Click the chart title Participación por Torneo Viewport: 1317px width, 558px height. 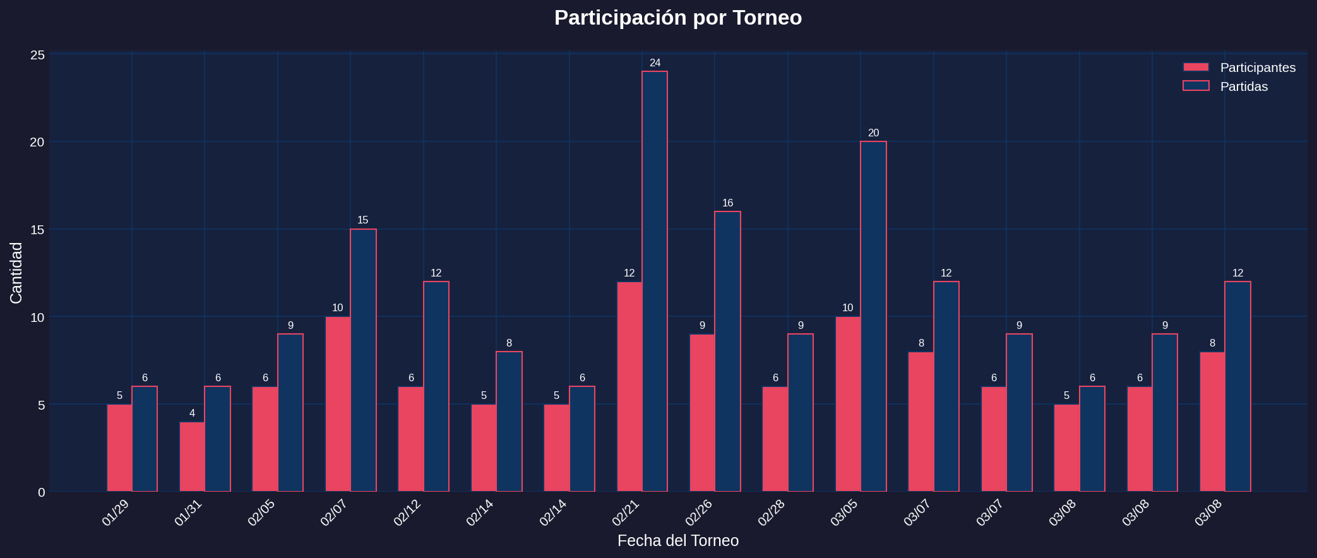pos(677,18)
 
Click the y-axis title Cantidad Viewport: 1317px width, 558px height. pos(16,273)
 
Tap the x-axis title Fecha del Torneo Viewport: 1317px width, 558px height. pos(677,541)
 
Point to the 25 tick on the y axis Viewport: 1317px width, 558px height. pos(37,55)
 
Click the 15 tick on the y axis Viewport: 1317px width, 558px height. pos(37,230)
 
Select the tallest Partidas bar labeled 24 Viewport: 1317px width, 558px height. pos(655,281)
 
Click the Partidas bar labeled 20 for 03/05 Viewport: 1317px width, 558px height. pos(873,316)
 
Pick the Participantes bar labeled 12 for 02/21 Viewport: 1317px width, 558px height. pos(629,386)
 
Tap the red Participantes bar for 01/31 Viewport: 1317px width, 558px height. pos(192,456)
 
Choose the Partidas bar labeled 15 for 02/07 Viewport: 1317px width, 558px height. pos(363,360)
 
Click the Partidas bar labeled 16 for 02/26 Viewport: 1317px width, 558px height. pos(727,351)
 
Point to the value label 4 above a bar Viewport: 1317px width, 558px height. pos(192,413)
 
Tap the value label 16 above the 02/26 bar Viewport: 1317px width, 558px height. pos(727,203)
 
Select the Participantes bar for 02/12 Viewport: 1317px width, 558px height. pos(411,439)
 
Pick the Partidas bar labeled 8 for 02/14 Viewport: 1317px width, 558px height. pos(509,421)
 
